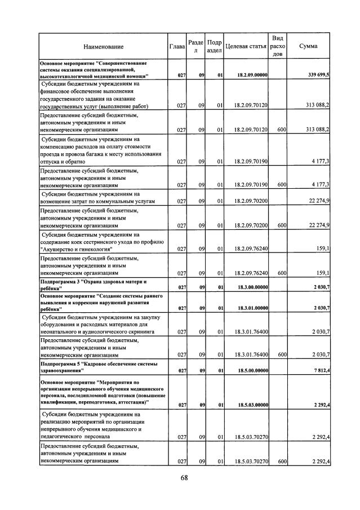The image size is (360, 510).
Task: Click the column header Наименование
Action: [x=103, y=46]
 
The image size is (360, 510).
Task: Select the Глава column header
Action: [x=177, y=46]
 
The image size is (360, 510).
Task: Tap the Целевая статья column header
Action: [x=245, y=46]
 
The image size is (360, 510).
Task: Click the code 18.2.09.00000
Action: [x=252, y=75]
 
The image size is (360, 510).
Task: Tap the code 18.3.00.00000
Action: [x=252, y=287]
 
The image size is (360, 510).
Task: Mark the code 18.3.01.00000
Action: [x=252, y=308]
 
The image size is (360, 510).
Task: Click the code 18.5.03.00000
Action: [x=252, y=404]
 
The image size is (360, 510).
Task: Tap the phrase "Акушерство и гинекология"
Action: [x=75, y=249]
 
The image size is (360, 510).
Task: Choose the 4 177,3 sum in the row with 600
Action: [x=320, y=185]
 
